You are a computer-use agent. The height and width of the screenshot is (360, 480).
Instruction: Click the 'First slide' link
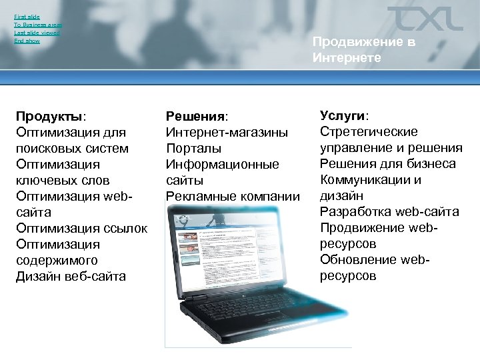27,16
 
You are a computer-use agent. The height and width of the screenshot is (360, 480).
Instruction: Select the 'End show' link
27,41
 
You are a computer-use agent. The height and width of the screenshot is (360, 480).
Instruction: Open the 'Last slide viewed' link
37,33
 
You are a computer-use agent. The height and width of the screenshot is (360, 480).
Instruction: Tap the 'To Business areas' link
38,24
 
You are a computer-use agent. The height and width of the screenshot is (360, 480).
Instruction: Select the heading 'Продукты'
50,117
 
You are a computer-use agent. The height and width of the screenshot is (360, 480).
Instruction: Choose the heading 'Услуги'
344,115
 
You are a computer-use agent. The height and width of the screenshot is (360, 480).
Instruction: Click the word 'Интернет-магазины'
227,133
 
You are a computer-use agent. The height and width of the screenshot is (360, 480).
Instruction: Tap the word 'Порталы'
193,148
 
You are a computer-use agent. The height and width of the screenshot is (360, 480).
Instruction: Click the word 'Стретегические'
369,131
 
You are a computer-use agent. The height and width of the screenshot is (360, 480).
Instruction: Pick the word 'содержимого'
57,261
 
